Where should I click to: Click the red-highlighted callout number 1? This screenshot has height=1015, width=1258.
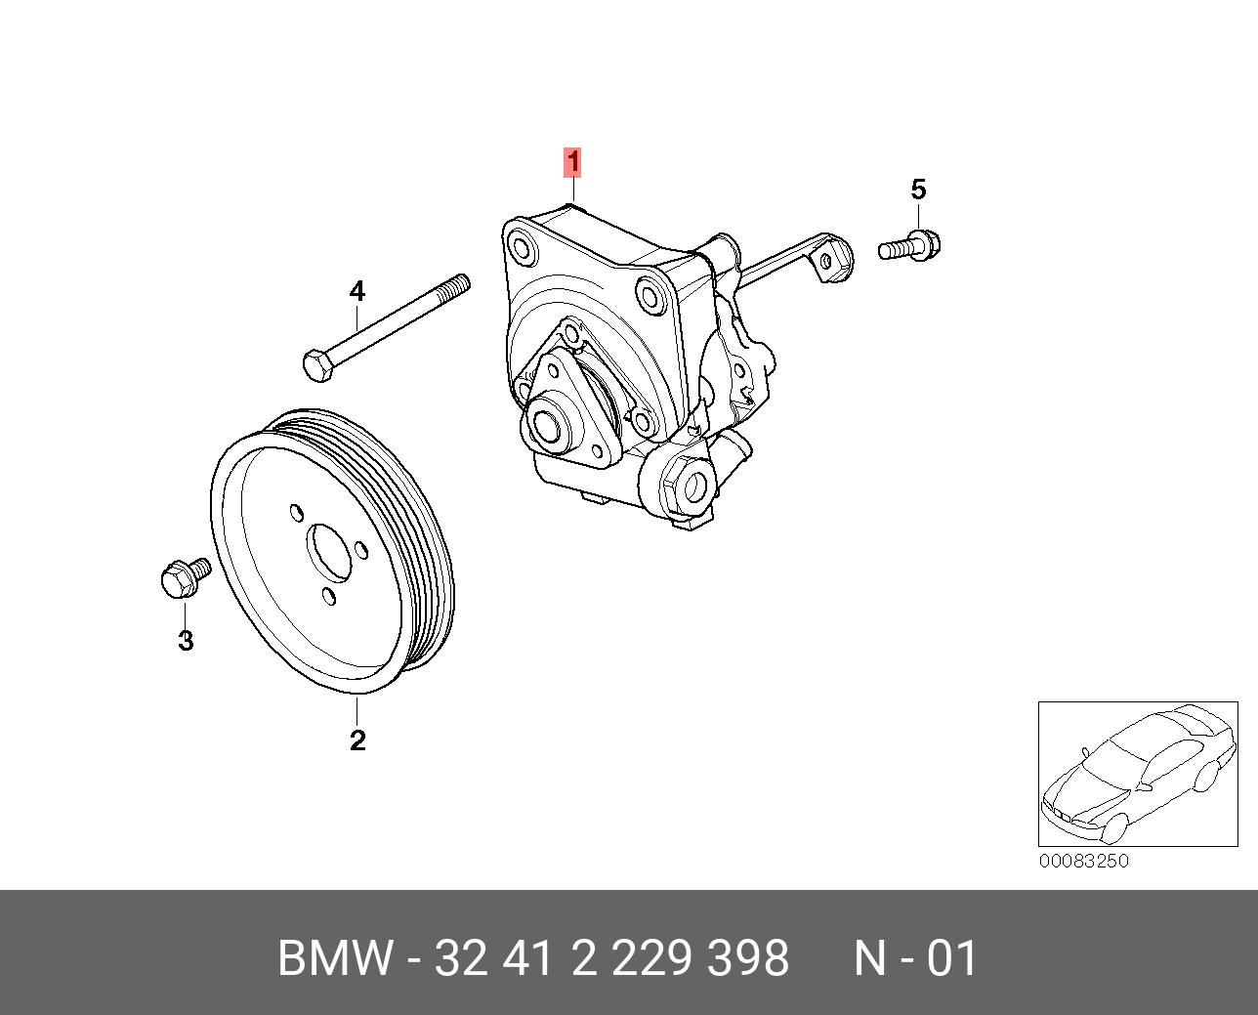pyautogui.click(x=573, y=162)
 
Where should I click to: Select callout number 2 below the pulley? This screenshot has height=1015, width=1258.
pyautogui.click(x=357, y=740)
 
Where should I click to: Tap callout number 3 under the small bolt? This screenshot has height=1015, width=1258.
pyautogui.click(x=185, y=641)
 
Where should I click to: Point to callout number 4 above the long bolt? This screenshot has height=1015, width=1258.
pyautogui.click(x=357, y=291)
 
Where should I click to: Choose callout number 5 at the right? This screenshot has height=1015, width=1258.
pyautogui.click(x=918, y=190)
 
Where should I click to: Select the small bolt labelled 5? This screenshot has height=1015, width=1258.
pyautogui.click(x=910, y=244)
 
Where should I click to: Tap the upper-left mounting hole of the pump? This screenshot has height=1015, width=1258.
pyautogui.click(x=523, y=248)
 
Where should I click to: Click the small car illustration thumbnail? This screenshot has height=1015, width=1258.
pyautogui.click(x=1136, y=773)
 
